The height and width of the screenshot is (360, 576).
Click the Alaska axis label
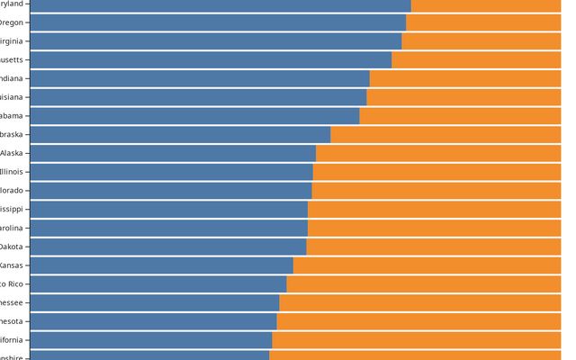pos(12,153)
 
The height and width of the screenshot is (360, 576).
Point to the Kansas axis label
pos(12,265)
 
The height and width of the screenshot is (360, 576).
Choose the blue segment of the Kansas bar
pos(162,265)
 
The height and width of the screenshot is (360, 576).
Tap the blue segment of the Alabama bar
pos(194,115)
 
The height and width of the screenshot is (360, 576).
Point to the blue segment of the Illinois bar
pos(171,171)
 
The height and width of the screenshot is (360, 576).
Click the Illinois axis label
pos(12,171)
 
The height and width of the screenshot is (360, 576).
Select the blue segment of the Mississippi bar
pos(169,209)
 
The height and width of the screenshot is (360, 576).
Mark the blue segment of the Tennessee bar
pos(155,302)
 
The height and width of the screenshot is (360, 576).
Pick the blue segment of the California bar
pos(151,340)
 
